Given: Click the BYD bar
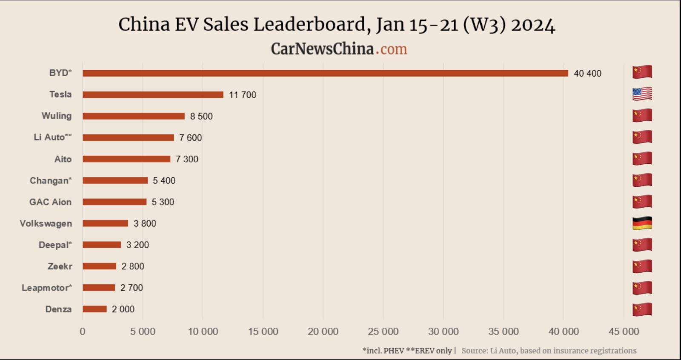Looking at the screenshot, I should (325, 73).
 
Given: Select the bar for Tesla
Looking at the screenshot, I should (153, 94).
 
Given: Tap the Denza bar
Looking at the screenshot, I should (94, 309).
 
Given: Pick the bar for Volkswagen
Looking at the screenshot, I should (105, 223).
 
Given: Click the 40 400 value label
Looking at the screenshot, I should (587, 74).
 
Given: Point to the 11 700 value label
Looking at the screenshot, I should (243, 95).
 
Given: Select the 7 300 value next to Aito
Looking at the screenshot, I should (187, 159).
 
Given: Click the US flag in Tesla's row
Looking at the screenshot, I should (642, 94).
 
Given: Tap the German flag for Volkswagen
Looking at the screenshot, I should (642, 223).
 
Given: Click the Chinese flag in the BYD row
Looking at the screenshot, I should (642, 72).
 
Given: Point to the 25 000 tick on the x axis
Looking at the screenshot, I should (383, 331).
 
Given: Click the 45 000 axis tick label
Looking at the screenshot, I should (624, 331).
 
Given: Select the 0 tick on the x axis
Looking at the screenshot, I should (83, 331).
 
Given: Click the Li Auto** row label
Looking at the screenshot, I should (53, 137).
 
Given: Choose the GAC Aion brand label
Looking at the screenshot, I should (50, 202).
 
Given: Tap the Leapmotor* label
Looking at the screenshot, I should (47, 288).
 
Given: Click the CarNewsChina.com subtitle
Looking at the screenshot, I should (339, 49).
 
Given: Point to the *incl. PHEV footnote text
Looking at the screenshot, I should (383, 351).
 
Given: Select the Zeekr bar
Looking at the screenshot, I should (99, 266).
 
